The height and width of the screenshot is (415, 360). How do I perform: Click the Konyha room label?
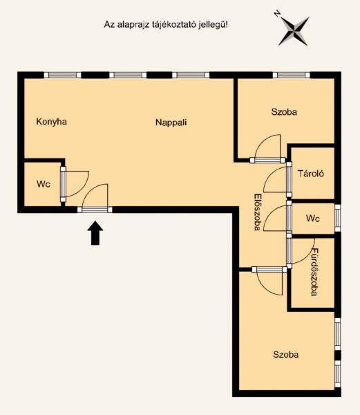tap(51, 122)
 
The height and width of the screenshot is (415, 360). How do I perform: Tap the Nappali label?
tap(171, 122)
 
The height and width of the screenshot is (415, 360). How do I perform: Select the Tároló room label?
tap(311, 174)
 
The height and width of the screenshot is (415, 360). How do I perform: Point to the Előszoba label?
tap(257, 212)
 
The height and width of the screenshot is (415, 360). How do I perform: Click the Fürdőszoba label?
tap(314, 272)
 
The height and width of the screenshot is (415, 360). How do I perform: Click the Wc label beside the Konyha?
tap(44, 184)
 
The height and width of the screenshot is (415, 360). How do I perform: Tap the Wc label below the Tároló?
tap(313, 219)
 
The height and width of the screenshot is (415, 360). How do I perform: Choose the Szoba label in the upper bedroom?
tap(284, 111)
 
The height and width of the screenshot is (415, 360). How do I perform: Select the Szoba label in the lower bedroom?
tap(286, 354)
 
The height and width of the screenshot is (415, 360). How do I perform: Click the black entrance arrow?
tap(95, 233)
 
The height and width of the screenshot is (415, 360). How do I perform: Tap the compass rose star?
tap(294, 31)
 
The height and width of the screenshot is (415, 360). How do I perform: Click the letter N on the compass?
tap(277, 14)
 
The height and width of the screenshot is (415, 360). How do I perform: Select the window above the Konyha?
tap(62, 75)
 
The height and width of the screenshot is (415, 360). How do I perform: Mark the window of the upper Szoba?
tap(292, 75)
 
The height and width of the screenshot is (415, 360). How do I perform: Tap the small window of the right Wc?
tap(338, 218)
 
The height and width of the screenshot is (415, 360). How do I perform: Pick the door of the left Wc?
tap(75, 184)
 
